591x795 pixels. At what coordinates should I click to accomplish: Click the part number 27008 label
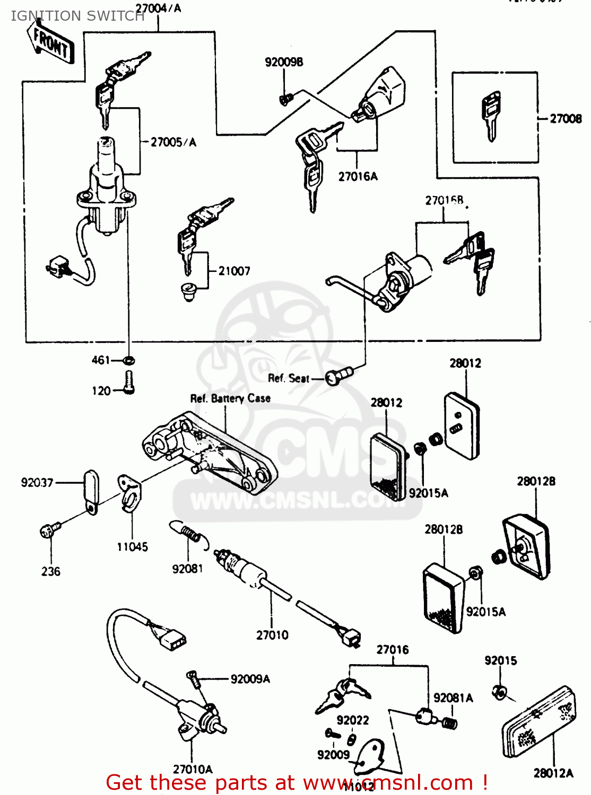(x=566, y=119)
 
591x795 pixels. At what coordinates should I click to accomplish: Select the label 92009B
(x=284, y=63)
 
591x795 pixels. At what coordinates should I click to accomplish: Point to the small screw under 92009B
(x=286, y=99)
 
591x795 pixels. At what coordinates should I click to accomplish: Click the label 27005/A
(x=173, y=142)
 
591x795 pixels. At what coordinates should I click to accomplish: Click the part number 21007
(x=234, y=271)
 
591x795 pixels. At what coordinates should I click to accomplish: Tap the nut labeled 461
(x=129, y=360)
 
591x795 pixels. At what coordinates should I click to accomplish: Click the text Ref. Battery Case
(x=230, y=398)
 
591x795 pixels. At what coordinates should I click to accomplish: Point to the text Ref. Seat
(x=288, y=378)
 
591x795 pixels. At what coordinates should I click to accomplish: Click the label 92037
(x=37, y=483)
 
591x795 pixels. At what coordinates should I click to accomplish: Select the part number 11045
(x=132, y=547)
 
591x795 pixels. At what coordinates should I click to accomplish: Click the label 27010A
(x=193, y=769)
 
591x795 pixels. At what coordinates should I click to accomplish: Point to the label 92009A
(x=250, y=679)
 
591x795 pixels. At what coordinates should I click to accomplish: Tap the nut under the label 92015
(x=499, y=692)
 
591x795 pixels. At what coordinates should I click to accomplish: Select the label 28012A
(x=553, y=773)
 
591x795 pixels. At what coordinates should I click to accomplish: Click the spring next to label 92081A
(x=449, y=723)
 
